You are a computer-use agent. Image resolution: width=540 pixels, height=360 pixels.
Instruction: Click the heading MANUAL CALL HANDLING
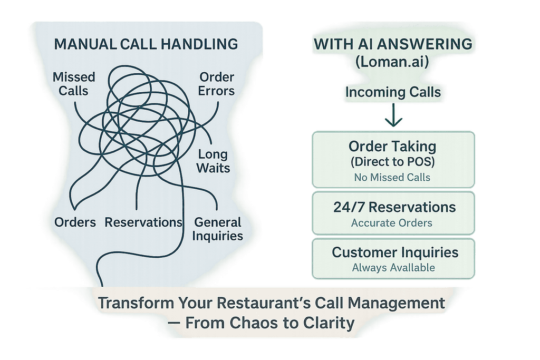[146, 43]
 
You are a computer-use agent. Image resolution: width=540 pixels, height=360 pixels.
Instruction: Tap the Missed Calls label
[74, 84]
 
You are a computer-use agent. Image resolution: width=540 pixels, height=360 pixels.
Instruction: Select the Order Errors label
[216, 84]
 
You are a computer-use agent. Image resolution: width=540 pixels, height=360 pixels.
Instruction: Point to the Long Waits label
[214, 161]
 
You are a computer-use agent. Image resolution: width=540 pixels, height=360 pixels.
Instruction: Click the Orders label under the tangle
[75, 222]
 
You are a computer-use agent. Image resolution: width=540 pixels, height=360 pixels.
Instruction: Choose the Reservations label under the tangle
[143, 222]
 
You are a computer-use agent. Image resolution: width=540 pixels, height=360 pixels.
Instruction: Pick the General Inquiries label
[218, 229]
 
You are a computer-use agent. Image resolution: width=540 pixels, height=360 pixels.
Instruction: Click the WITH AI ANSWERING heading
[393, 44]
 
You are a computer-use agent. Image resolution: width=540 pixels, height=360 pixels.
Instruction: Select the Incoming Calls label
[393, 92]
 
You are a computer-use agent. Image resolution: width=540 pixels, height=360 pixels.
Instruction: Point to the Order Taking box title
[393, 145]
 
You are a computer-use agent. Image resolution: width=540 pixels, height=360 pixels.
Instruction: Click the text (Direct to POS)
[393, 161]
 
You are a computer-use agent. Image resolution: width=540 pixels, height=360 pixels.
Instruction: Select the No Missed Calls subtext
[393, 177]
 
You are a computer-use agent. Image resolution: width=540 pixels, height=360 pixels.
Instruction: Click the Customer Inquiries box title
[395, 252]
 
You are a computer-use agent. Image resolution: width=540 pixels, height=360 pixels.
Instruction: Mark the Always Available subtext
[393, 268]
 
